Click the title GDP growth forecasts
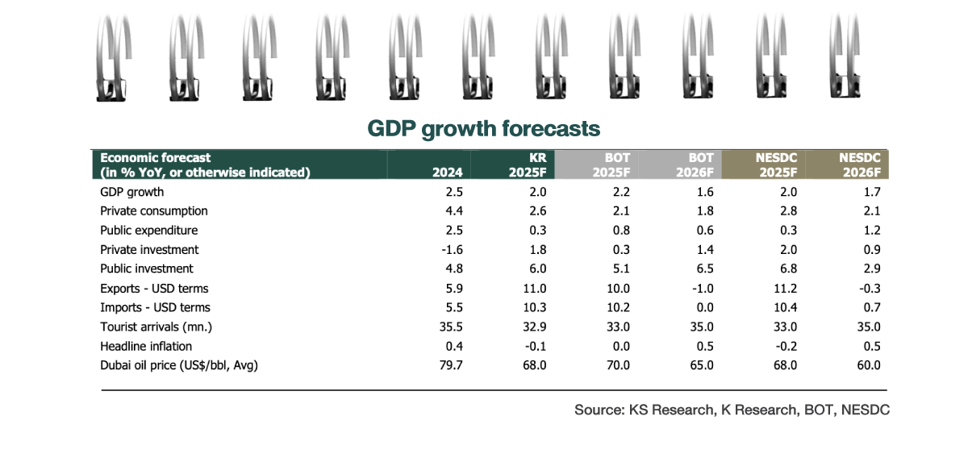484,129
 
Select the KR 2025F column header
528,165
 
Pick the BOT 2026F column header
695,165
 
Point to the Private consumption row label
154,211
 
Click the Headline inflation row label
147,346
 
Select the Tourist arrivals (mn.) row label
156,327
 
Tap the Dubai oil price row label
179,365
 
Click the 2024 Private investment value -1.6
449,250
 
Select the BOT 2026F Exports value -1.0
699,289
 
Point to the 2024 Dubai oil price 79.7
449,365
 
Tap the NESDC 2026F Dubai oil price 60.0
868,365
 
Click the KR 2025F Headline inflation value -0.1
536,346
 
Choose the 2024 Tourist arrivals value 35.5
449,327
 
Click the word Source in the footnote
597,410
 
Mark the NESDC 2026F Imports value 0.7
871,307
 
